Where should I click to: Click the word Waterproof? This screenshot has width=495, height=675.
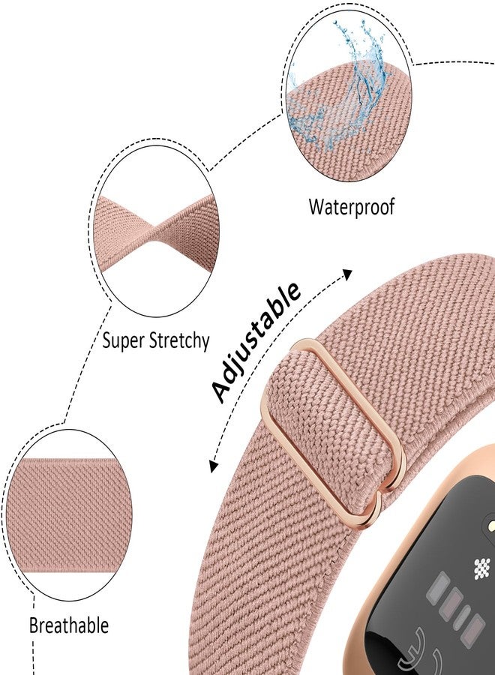click(351, 207)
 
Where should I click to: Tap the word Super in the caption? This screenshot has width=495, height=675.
click(123, 341)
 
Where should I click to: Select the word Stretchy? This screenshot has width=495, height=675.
click(179, 341)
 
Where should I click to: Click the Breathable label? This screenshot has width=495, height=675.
click(69, 625)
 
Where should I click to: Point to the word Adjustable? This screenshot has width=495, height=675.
click(256, 342)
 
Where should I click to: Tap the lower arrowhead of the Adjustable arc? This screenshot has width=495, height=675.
click(213, 466)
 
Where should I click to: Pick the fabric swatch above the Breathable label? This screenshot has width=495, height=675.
click(71, 516)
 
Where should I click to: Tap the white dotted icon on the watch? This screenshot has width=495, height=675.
click(482, 568)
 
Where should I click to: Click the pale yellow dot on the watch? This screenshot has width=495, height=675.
click(490, 526)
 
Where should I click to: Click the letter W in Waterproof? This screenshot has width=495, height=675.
click(316, 207)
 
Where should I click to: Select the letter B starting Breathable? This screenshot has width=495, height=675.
click(34, 625)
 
